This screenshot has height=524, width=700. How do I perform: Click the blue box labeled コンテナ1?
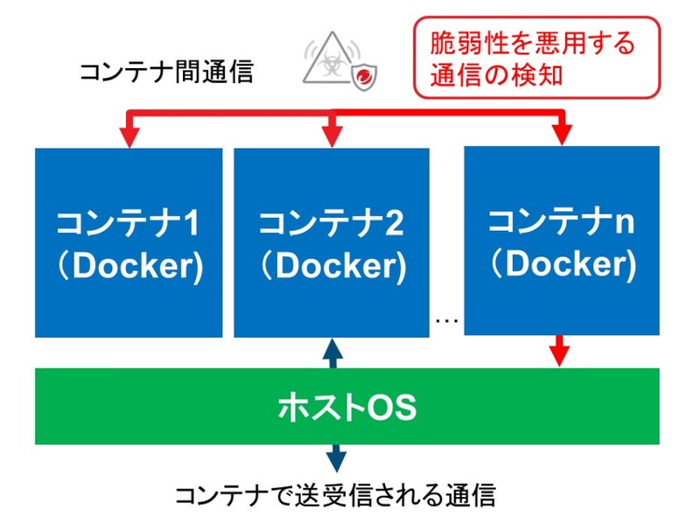tap(129, 242)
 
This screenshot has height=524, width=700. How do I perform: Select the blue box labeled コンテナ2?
tap(332, 242)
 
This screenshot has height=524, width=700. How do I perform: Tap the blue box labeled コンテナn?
tap(561, 240)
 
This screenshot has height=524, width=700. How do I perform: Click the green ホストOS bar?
tap(346, 406)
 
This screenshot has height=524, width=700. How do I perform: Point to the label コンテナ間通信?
tap(166, 72)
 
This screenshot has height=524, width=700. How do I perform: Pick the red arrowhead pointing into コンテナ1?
tap(129, 137)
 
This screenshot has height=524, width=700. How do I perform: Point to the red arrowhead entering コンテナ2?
tap(332, 137)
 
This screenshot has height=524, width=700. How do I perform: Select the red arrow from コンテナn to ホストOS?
tap(560, 352)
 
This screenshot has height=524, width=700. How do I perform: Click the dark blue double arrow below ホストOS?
tap(335, 458)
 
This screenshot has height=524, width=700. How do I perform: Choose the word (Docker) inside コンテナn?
tap(561, 263)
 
